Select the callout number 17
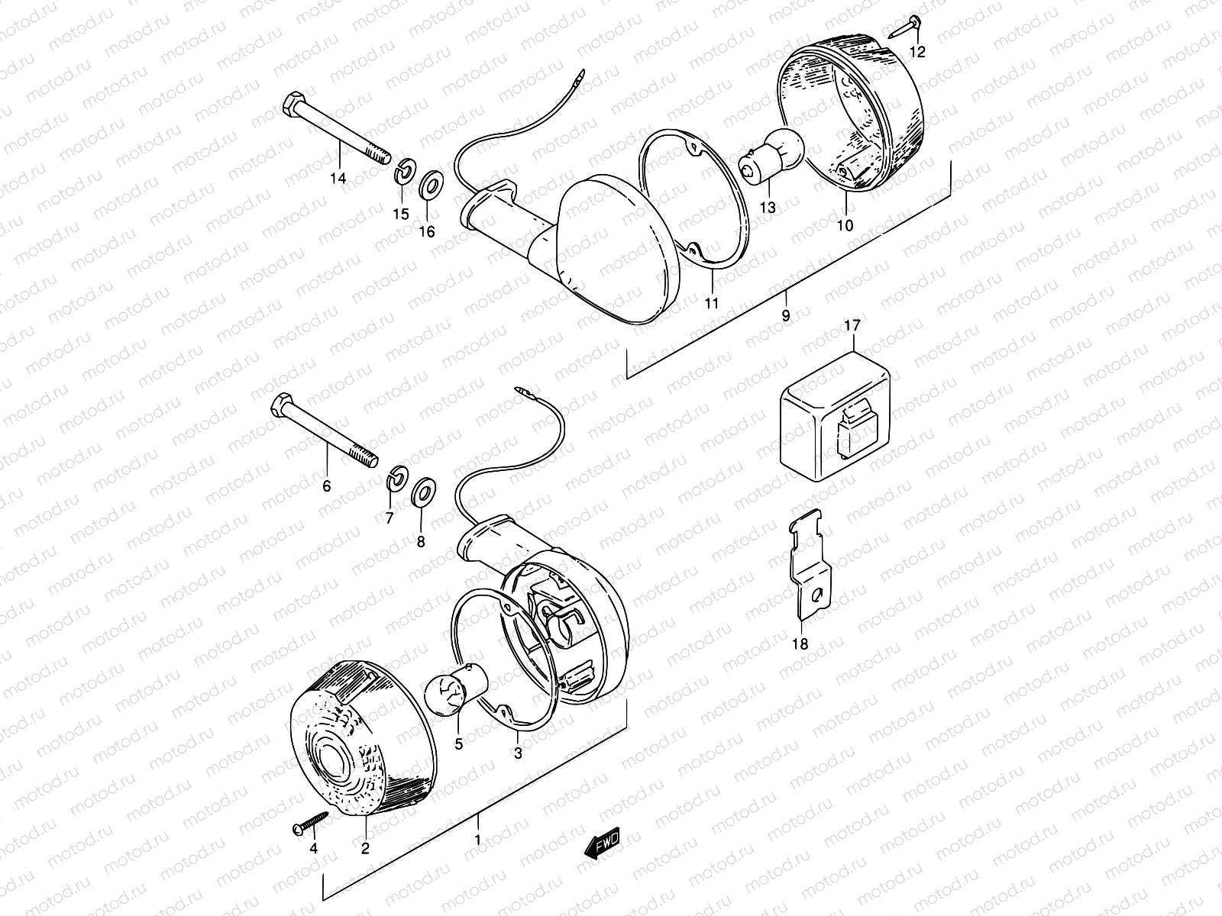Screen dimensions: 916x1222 [852, 326]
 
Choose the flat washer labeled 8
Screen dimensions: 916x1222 [422, 493]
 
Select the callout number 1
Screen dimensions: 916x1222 [478, 841]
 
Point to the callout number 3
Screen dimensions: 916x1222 [518, 755]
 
